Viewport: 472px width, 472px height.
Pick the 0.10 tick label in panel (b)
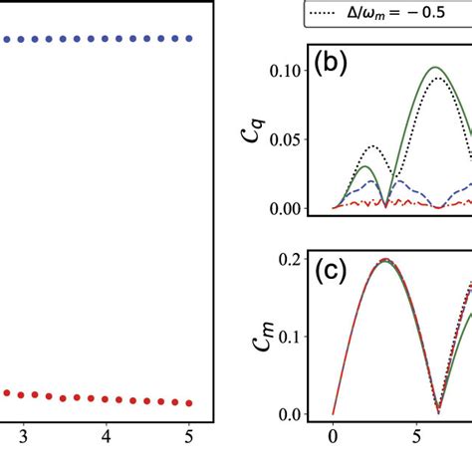[x=300, y=72]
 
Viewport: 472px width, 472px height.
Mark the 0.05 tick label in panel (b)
[x=300, y=139]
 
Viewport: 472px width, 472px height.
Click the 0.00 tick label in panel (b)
[x=300, y=208]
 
